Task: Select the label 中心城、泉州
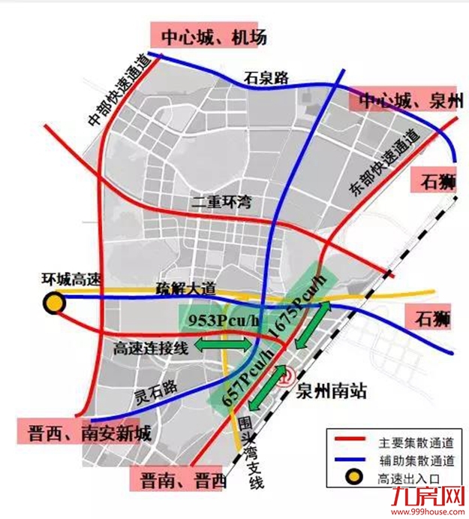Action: click(407, 100)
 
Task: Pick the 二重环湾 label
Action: click(221, 202)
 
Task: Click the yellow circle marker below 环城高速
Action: click(53, 303)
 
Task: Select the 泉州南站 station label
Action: click(332, 391)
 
